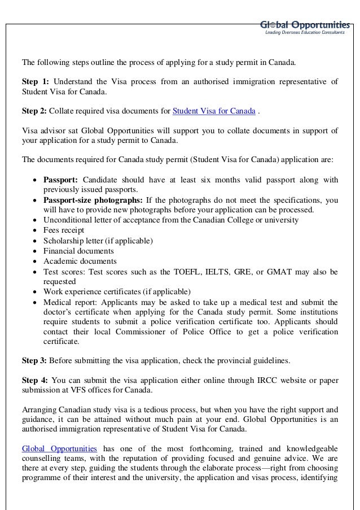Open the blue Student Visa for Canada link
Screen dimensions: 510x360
coord(213,111)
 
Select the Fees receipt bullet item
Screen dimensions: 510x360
coord(64,230)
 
